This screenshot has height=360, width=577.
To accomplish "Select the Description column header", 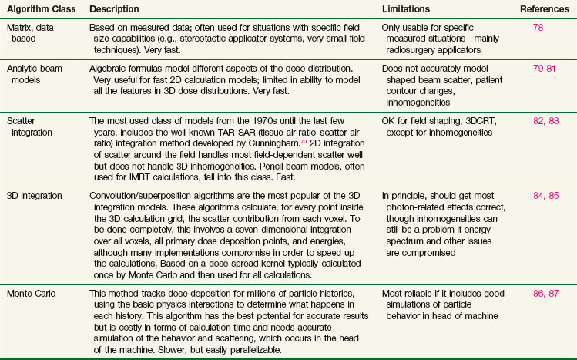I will tap(114, 8).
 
